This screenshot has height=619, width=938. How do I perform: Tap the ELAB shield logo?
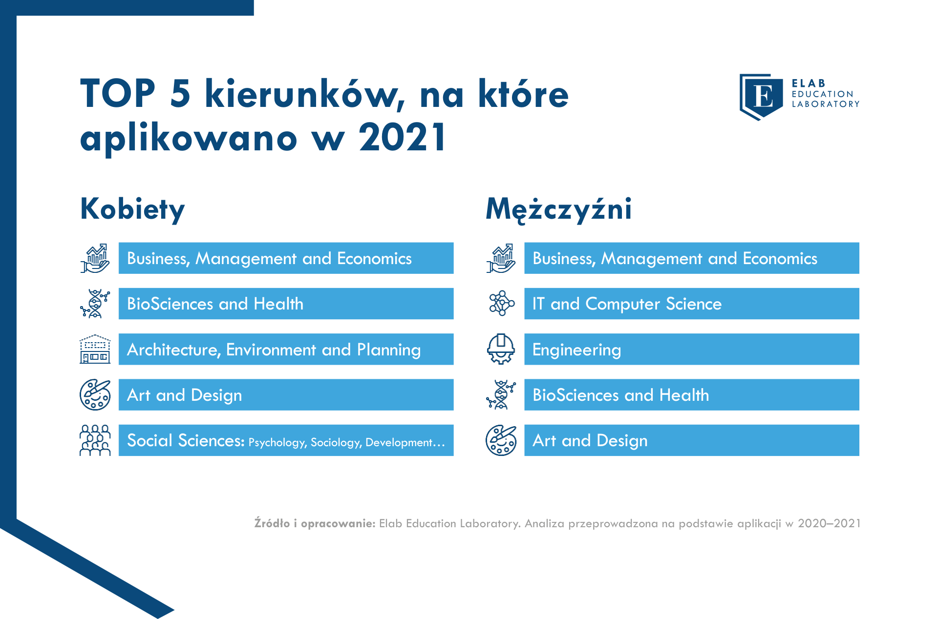click(x=761, y=97)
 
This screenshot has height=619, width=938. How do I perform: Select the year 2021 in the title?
click(x=402, y=137)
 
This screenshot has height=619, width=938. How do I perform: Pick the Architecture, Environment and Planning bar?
click(x=286, y=349)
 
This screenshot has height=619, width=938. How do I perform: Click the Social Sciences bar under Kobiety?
click(x=286, y=440)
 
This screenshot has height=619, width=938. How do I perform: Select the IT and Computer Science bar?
click(x=692, y=304)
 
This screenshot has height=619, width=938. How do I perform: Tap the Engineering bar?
click(x=692, y=349)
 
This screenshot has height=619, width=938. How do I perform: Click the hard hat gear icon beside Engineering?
click(x=501, y=349)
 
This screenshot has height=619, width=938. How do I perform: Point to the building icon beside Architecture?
click(x=95, y=349)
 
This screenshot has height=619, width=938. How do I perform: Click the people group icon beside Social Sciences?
click(x=95, y=440)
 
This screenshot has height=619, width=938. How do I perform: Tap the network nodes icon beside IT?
click(x=502, y=304)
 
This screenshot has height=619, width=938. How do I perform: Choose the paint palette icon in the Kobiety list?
click(x=95, y=395)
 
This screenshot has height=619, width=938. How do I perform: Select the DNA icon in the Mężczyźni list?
click(x=501, y=395)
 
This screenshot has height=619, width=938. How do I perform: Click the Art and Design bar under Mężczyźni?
click(x=692, y=440)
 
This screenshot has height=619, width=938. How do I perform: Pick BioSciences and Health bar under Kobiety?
click(x=286, y=304)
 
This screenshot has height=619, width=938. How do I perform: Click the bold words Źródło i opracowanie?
click(x=315, y=523)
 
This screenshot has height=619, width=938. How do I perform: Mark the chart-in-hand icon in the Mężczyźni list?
click(x=501, y=258)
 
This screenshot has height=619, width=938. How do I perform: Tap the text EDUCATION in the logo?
click(x=823, y=94)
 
